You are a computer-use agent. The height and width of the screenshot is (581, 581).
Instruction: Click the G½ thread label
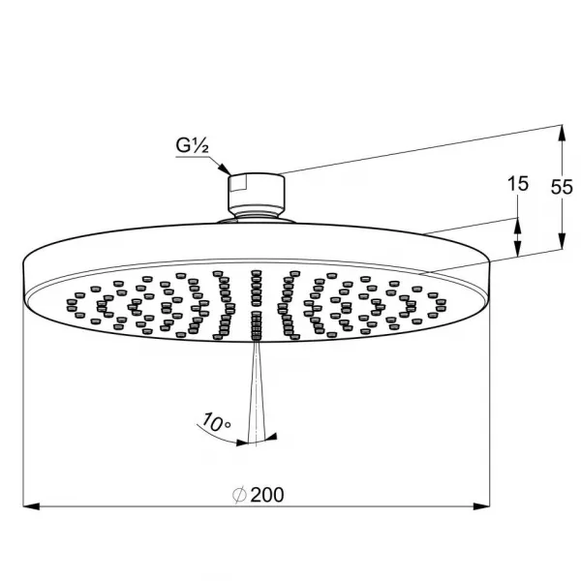pyautogui.click(x=192, y=145)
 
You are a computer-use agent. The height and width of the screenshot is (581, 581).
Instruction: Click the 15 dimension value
pyautogui.click(x=518, y=184)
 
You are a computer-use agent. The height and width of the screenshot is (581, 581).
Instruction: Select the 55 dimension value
pyautogui.click(x=562, y=187)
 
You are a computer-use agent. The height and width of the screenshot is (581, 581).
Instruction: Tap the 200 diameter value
pyautogui.click(x=267, y=495)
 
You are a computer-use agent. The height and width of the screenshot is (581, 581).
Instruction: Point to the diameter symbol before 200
pyautogui.click(x=239, y=495)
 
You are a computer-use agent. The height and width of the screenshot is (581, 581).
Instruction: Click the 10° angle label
pyautogui.click(x=215, y=422)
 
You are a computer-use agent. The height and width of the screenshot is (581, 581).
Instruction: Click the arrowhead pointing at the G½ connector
pyautogui.click(x=225, y=168)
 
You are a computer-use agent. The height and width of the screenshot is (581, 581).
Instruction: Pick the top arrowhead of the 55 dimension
pyautogui.click(x=562, y=133)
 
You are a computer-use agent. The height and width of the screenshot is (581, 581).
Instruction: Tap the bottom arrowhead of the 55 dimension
pyautogui.click(x=562, y=241)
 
